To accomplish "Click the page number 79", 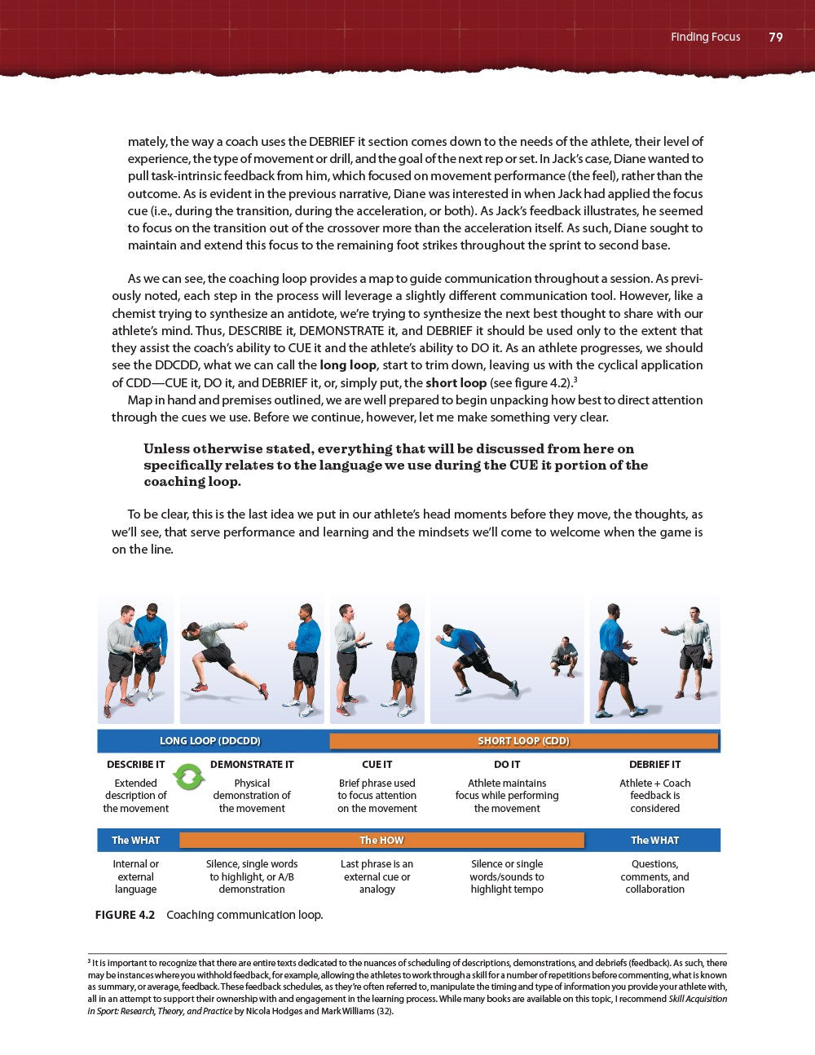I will tap(775, 37).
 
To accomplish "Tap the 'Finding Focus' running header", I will tap(705, 37).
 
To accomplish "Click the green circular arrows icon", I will tap(188, 776).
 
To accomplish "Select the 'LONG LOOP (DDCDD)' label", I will tap(210, 740).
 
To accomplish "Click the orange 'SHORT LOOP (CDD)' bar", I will tap(523, 740).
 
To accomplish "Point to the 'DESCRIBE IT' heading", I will tap(135, 765).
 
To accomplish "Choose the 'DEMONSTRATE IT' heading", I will tap(252, 765).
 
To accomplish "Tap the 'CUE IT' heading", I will tap(377, 765).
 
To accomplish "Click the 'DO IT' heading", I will tap(507, 765).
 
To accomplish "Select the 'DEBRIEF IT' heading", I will tap(654, 765).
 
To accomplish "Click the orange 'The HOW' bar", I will tap(381, 840).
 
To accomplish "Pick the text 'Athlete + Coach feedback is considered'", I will tap(654, 796).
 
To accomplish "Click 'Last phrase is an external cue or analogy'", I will tap(377, 876).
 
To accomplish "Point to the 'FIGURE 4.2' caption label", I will tap(125, 915).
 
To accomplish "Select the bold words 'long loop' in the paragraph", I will tap(348, 365).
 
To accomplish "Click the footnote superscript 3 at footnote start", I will tap(89, 961).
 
